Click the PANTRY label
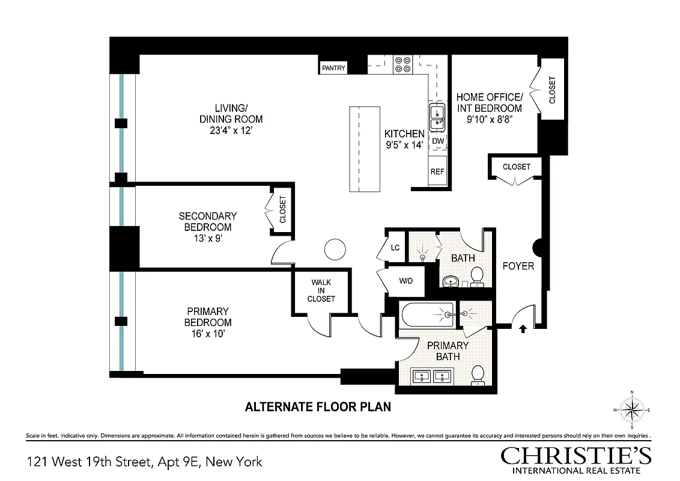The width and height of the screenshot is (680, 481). pyautogui.click(x=333, y=68)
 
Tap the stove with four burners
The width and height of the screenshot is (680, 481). pyautogui.click(x=402, y=64)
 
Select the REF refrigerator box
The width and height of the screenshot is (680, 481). pyautogui.click(x=437, y=171)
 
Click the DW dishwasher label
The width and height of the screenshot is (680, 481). pyautogui.click(x=438, y=141)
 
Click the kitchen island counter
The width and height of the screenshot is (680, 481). pyautogui.click(x=365, y=149)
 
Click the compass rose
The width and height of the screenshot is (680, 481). pyautogui.click(x=631, y=410)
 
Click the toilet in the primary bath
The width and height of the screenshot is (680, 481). pyautogui.click(x=479, y=374)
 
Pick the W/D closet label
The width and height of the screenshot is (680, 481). pyautogui.click(x=406, y=281)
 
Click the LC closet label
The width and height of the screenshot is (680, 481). pyautogui.click(x=395, y=248)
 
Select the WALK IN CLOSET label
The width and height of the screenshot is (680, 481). pyautogui.click(x=321, y=290)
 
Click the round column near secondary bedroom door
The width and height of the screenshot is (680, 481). pyautogui.click(x=332, y=248)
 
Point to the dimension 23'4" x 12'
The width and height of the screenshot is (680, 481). pyautogui.click(x=231, y=130)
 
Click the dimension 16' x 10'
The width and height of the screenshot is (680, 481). pyautogui.click(x=208, y=333)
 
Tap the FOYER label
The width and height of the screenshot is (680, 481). pyautogui.click(x=518, y=265)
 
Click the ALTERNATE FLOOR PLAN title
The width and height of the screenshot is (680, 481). pyautogui.click(x=318, y=407)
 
